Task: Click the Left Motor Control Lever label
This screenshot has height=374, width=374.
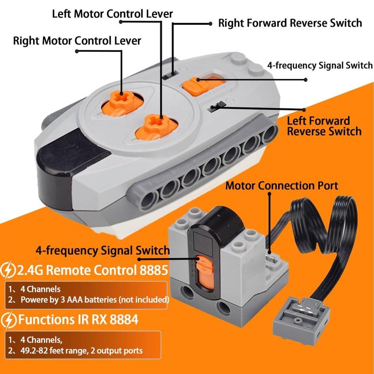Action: [112, 14]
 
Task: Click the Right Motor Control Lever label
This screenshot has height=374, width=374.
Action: [77, 41]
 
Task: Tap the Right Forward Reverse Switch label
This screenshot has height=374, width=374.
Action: [290, 23]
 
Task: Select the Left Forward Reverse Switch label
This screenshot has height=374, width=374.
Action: [324, 126]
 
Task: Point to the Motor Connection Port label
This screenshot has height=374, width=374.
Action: [282, 186]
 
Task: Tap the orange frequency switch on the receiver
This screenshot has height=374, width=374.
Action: [205, 272]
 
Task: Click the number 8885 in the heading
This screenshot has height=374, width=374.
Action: [154, 270]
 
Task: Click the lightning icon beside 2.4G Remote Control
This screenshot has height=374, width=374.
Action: [8, 270]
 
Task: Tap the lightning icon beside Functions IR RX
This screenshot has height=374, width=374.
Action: [8, 320]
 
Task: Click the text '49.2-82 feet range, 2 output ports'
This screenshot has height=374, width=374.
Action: [81, 351]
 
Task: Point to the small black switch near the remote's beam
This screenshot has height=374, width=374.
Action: [217, 106]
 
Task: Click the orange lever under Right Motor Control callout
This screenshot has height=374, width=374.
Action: [122, 102]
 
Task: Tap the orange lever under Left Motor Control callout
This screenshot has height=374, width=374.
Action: [156, 126]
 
